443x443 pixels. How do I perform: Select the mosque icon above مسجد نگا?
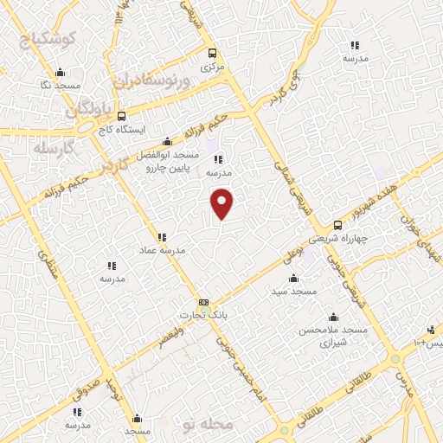coord(59,73)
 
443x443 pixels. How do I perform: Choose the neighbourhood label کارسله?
coord(53,148)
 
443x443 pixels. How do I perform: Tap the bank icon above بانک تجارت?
coord(203,302)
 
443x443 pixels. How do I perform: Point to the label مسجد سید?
coord(293,292)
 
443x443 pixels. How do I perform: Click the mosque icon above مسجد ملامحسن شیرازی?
coord(333,315)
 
